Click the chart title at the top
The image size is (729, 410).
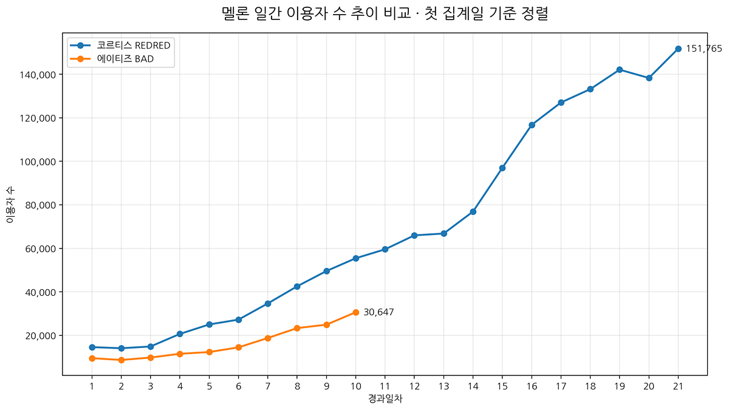(385, 13)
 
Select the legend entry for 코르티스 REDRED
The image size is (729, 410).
(120, 45)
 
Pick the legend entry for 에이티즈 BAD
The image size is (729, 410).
(112, 59)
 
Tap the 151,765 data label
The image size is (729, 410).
(704, 49)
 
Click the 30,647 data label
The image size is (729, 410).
(378, 312)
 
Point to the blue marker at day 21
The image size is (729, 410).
(678, 49)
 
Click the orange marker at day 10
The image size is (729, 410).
(356, 312)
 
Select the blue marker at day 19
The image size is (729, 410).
(620, 70)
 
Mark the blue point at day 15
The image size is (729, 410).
(502, 168)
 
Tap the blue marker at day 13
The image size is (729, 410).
(443, 234)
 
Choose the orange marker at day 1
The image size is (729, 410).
(92, 358)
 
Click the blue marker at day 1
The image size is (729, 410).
(92, 347)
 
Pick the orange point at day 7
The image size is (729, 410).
(268, 338)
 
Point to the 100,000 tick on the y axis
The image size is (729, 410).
(38, 162)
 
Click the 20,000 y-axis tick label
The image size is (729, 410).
(41, 336)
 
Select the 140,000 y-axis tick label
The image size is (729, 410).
(38, 75)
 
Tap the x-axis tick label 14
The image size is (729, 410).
(473, 386)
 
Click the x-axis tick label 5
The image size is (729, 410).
(209, 386)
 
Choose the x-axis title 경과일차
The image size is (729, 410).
(385, 398)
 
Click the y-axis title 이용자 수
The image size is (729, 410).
(10, 205)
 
